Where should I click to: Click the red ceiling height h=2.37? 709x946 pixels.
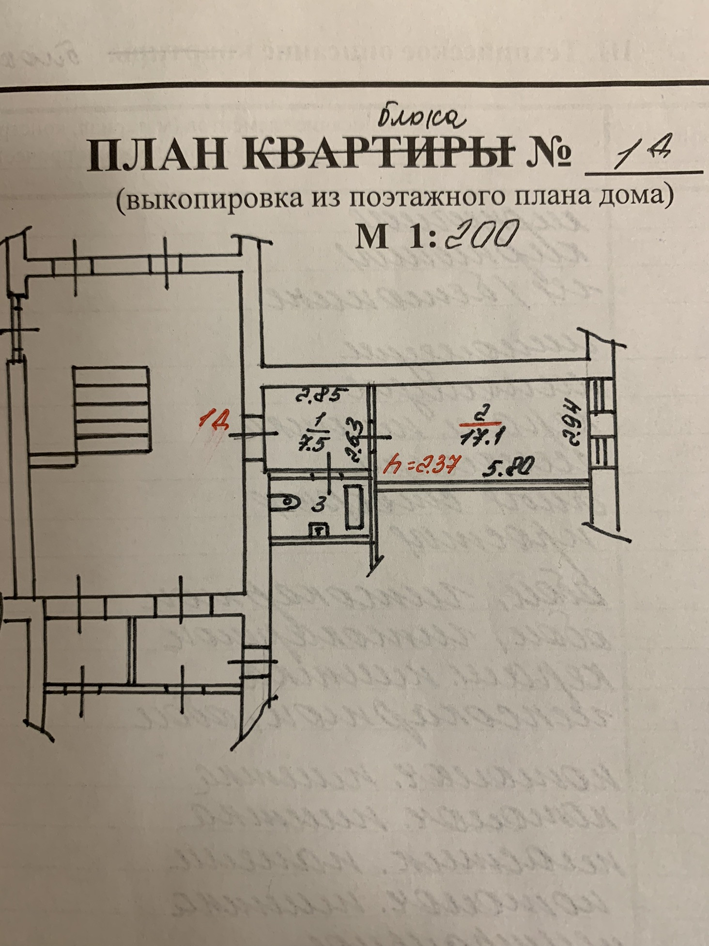419,466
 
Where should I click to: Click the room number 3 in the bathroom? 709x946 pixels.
318,505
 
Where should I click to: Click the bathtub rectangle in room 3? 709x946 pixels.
354,507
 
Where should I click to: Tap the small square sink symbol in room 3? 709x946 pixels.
319,531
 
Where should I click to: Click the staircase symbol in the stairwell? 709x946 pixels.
112,409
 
